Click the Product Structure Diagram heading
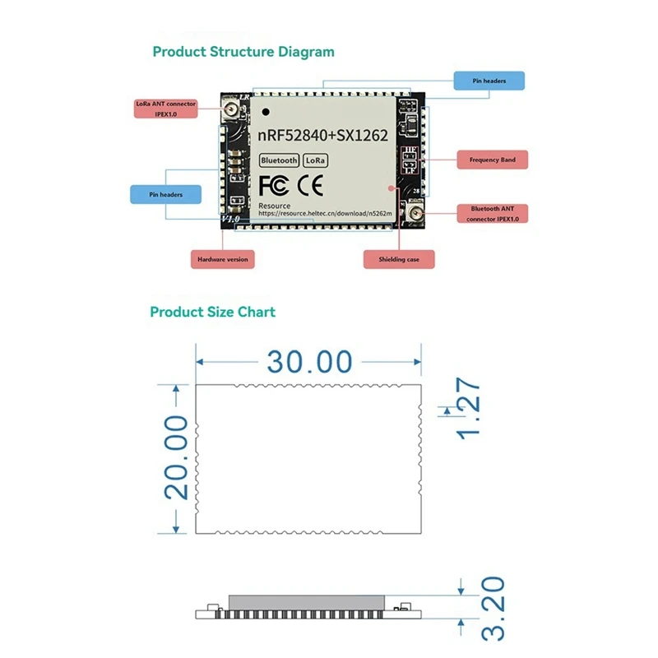(x=243, y=52)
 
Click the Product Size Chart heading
(x=212, y=312)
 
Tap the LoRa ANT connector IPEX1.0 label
(x=165, y=109)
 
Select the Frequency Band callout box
(x=492, y=160)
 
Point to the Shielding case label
(x=398, y=259)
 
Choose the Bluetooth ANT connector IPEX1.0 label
(x=492, y=214)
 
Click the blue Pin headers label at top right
(x=489, y=81)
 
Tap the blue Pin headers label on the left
(x=165, y=194)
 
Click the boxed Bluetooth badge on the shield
(x=279, y=160)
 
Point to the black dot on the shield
(x=266, y=109)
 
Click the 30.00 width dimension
(x=308, y=362)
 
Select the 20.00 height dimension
(x=176, y=456)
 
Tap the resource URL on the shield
(x=326, y=212)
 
